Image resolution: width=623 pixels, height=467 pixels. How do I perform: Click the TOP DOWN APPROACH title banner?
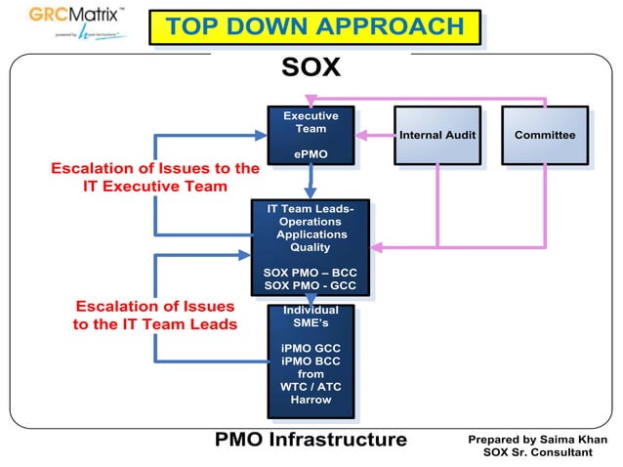(314, 27)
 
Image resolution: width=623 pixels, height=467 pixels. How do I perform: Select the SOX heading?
(311, 67)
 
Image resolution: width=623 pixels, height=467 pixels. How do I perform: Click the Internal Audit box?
(437, 135)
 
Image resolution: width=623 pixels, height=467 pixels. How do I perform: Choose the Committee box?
(544, 135)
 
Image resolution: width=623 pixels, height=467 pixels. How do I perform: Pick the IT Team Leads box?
(311, 246)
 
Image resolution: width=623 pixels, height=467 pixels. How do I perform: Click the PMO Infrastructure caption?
(311, 440)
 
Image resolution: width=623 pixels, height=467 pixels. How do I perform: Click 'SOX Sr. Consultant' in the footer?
(537, 452)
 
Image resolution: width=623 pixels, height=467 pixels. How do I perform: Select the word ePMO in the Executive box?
(311, 154)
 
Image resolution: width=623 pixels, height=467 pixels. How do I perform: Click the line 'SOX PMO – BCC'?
(311, 273)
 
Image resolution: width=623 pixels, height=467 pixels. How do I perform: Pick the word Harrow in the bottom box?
(311, 400)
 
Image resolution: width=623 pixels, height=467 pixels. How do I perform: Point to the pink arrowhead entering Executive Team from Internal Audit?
(359, 135)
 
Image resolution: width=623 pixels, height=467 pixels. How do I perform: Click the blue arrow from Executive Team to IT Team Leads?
(311, 181)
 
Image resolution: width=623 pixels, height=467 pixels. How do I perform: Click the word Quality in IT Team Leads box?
(311, 247)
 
